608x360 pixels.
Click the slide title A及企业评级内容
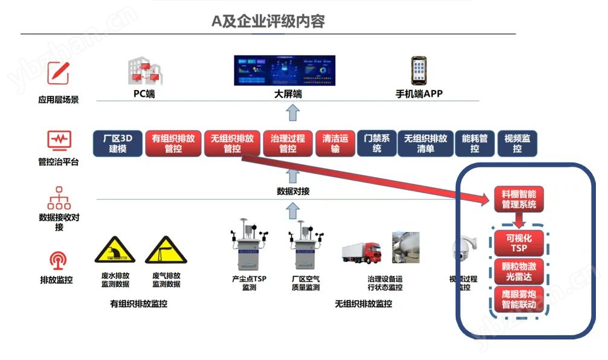click(x=268, y=21)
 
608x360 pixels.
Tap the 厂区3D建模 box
click(x=117, y=143)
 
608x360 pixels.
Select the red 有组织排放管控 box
click(x=173, y=143)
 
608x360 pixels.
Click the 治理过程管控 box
click(x=288, y=143)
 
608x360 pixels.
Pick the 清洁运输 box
click(x=335, y=143)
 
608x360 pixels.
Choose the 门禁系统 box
click(x=377, y=143)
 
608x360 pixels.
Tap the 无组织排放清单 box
click(x=425, y=143)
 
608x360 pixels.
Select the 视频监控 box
click(x=517, y=143)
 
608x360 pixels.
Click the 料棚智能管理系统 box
click(x=519, y=199)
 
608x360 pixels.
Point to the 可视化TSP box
click(x=519, y=243)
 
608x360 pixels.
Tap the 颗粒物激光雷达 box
click(x=519, y=271)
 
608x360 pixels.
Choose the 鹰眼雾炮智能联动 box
click(x=519, y=300)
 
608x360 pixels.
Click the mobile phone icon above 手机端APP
click(x=418, y=71)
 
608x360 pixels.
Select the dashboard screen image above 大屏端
click(x=284, y=70)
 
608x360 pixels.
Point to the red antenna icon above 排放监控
click(x=58, y=260)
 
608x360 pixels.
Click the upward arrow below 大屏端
click(x=293, y=112)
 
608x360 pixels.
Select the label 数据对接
click(x=293, y=191)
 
